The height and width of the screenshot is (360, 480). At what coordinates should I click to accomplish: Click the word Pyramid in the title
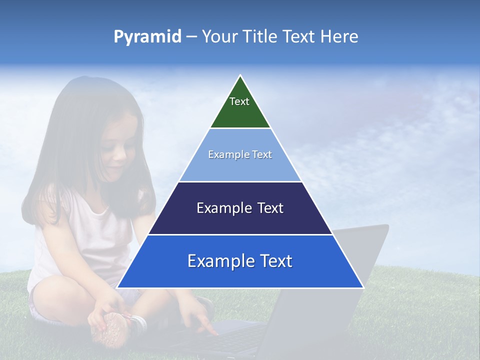147,37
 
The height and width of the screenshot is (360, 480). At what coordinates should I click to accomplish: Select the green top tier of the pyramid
240,112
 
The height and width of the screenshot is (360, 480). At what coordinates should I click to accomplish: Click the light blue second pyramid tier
240,167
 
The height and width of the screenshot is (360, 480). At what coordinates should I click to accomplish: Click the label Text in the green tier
239,101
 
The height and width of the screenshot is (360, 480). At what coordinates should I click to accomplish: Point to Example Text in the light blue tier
240,154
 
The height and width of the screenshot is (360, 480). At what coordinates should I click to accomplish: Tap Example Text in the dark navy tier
240,208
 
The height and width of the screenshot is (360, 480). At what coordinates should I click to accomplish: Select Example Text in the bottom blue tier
240,261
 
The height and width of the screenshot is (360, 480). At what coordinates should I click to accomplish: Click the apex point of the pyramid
240,76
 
